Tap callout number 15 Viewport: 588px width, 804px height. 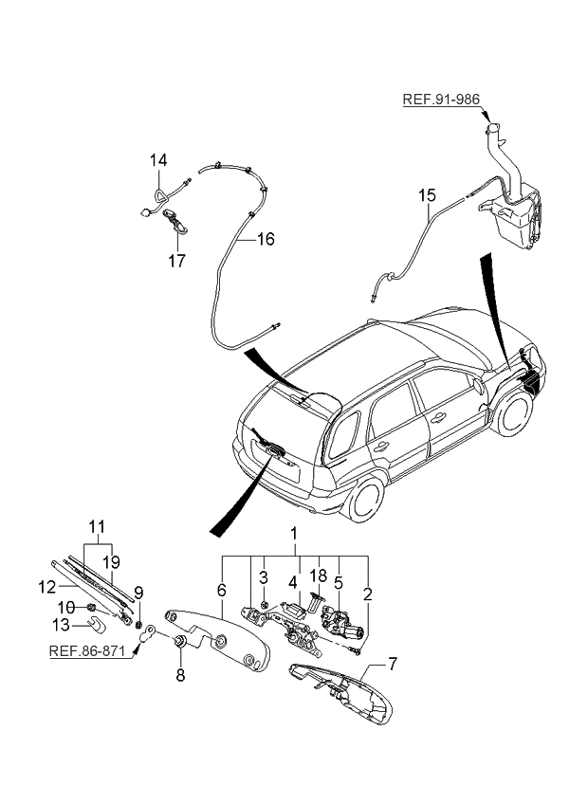pyautogui.click(x=428, y=196)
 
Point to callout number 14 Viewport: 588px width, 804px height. pyautogui.click(x=157, y=161)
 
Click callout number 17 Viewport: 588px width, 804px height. pyautogui.click(x=178, y=259)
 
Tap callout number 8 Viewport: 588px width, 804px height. pyautogui.click(x=178, y=676)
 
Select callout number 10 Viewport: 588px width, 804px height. pyautogui.click(x=67, y=606)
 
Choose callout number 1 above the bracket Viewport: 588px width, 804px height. pyautogui.click(x=294, y=534)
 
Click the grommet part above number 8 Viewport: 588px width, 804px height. pyautogui.click(x=177, y=644)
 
